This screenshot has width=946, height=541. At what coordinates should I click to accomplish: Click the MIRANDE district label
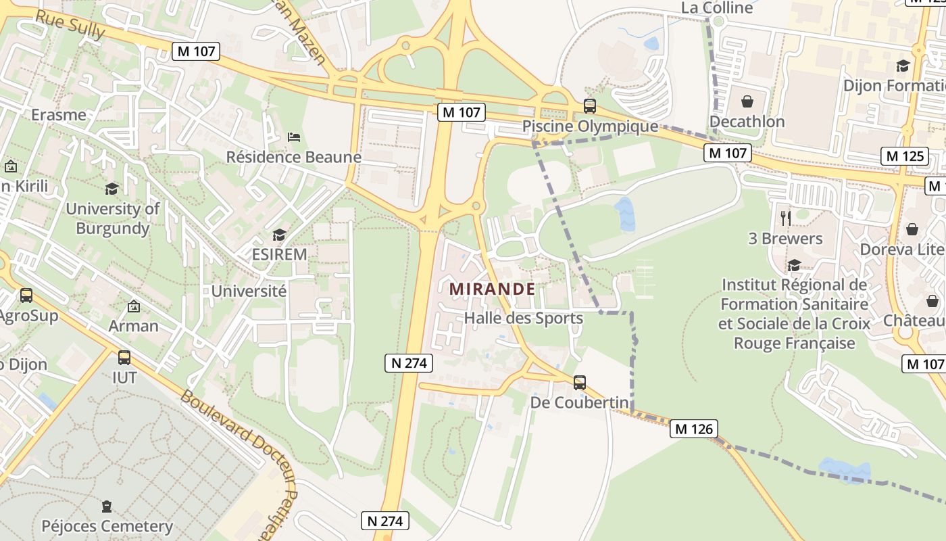pyautogui.click(x=492, y=289)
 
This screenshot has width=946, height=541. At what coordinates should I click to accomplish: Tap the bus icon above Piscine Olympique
pyautogui.click(x=589, y=106)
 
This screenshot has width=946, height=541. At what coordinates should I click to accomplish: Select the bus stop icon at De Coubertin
pyautogui.click(x=579, y=383)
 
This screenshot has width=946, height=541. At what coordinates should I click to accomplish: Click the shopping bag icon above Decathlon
pyautogui.click(x=747, y=102)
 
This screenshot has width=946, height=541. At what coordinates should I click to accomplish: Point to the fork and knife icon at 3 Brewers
pyautogui.click(x=785, y=218)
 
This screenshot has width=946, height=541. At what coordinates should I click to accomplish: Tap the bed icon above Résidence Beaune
pyautogui.click(x=294, y=137)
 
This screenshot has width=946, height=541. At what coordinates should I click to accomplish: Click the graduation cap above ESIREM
pyautogui.click(x=279, y=235)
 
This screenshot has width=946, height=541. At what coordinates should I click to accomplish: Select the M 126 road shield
pyautogui.click(x=694, y=429)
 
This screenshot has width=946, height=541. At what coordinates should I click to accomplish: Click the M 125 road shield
pyautogui.click(x=905, y=156)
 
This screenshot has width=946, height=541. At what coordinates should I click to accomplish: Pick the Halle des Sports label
pyautogui.click(x=523, y=319)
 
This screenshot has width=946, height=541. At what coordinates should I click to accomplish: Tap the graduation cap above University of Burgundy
pyautogui.click(x=111, y=189)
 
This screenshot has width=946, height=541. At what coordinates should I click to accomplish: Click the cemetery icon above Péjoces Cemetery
pyautogui.click(x=107, y=506)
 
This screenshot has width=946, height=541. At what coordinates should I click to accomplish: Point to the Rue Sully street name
pyautogui.click(x=70, y=25)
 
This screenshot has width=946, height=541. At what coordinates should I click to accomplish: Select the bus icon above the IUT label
pyautogui.click(x=124, y=358)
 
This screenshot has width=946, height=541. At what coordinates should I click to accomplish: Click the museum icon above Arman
pyautogui.click(x=134, y=306)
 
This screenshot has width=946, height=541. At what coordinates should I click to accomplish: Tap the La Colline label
pyautogui.click(x=717, y=8)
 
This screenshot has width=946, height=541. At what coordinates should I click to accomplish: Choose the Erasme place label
pyautogui.click(x=59, y=115)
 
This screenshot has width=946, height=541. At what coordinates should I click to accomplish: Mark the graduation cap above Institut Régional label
pyautogui.click(x=794, y=265)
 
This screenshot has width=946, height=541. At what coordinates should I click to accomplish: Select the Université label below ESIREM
pyautogui.click(x=249, y=291)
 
